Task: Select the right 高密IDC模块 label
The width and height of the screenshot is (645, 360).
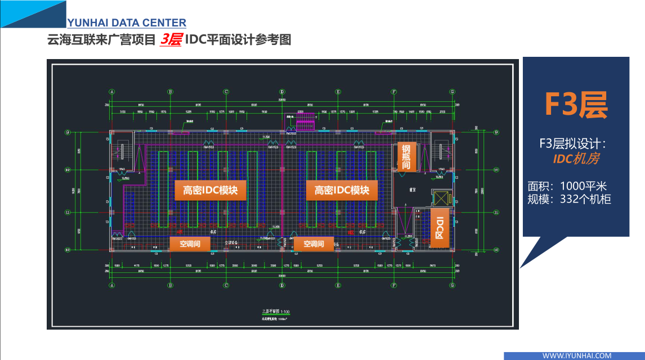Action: (342, 190)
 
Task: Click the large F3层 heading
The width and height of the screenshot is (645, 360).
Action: (575, 103)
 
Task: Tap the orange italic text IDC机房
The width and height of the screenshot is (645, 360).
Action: (575, 159)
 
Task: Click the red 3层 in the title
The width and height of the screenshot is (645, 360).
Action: (171, 40)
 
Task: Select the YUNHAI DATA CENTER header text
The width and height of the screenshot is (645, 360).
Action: (127, 23)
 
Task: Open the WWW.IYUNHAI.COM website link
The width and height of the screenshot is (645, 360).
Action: (576, 355)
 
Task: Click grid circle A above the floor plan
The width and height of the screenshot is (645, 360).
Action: (112, 91)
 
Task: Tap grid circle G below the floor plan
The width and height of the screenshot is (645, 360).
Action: (451, 285)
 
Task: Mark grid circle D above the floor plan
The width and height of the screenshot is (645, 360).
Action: (282, 91)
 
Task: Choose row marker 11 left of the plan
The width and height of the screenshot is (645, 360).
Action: (68, 213)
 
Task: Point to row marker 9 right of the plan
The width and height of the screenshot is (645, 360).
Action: (496, 133)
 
